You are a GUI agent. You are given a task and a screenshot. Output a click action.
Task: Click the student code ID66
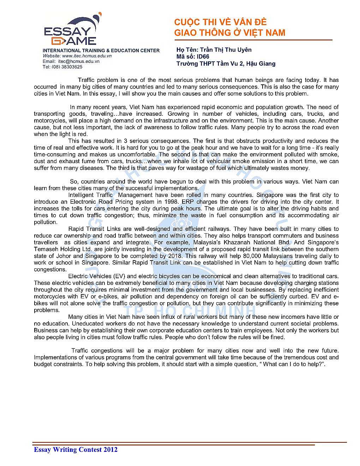pos(203,56)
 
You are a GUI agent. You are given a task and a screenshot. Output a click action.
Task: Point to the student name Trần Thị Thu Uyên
pos(226,50)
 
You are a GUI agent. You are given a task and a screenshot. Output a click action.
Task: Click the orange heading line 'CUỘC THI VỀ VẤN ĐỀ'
pos(220,22)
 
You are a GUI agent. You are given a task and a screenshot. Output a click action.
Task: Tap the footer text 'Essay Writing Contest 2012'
pos(76,449)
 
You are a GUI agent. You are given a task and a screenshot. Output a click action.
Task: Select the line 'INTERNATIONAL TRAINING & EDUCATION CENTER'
pos(101,50)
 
